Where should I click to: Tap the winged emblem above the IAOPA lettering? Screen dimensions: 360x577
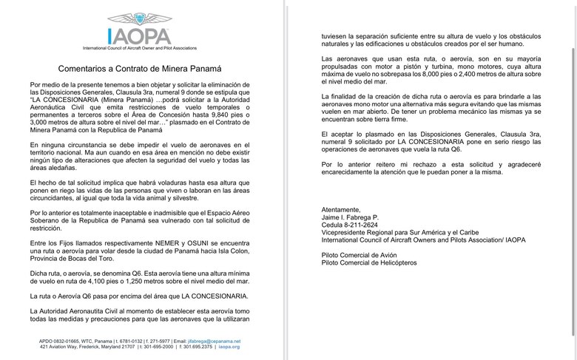pyautogui.click(x=139, y=19)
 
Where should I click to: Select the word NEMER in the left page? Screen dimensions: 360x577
pyautogui.click(x=161, y=242)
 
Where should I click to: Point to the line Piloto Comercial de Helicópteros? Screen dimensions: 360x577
pyautogui.click(x=370, y=262)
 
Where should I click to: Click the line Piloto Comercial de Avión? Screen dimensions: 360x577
pyautogui.click(x=359, y=254)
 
